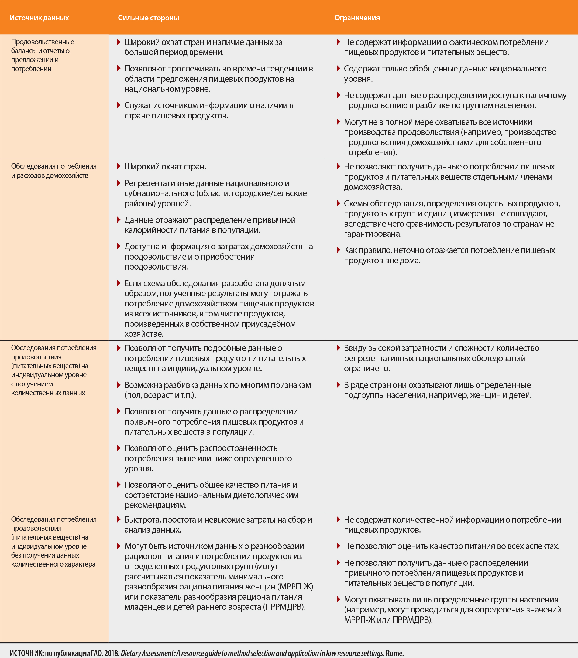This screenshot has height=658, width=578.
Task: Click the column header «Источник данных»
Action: [x=39, y=18]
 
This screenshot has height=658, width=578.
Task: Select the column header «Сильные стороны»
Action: [x=148, y=18]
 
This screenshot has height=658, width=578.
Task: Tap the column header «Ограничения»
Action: [x=357, y=18]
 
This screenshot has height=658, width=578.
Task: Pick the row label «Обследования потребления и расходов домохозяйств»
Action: [x=54, y=171]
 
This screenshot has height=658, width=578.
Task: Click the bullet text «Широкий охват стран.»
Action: [x=165, y=166]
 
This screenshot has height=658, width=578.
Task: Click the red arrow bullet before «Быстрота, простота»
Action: [x=118, y=519]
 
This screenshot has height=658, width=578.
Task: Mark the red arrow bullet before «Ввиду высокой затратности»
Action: [x=338, y=348]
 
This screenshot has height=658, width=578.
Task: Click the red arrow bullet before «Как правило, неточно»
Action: [x=338, y=250]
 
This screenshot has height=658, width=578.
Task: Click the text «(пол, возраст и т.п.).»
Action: [x=160, y=395]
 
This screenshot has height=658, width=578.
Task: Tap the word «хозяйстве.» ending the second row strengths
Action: [x=144, y=333]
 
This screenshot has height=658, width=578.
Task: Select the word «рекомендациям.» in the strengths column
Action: [x=155, y=505]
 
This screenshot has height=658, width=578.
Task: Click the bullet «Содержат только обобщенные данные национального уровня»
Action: [x=445, y=73]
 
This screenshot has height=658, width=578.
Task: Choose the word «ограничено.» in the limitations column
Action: [x=367, y=368]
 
